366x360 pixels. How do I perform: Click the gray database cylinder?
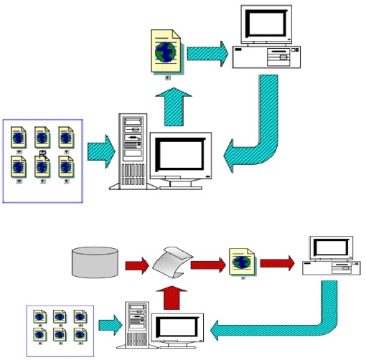tap(95, 262)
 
